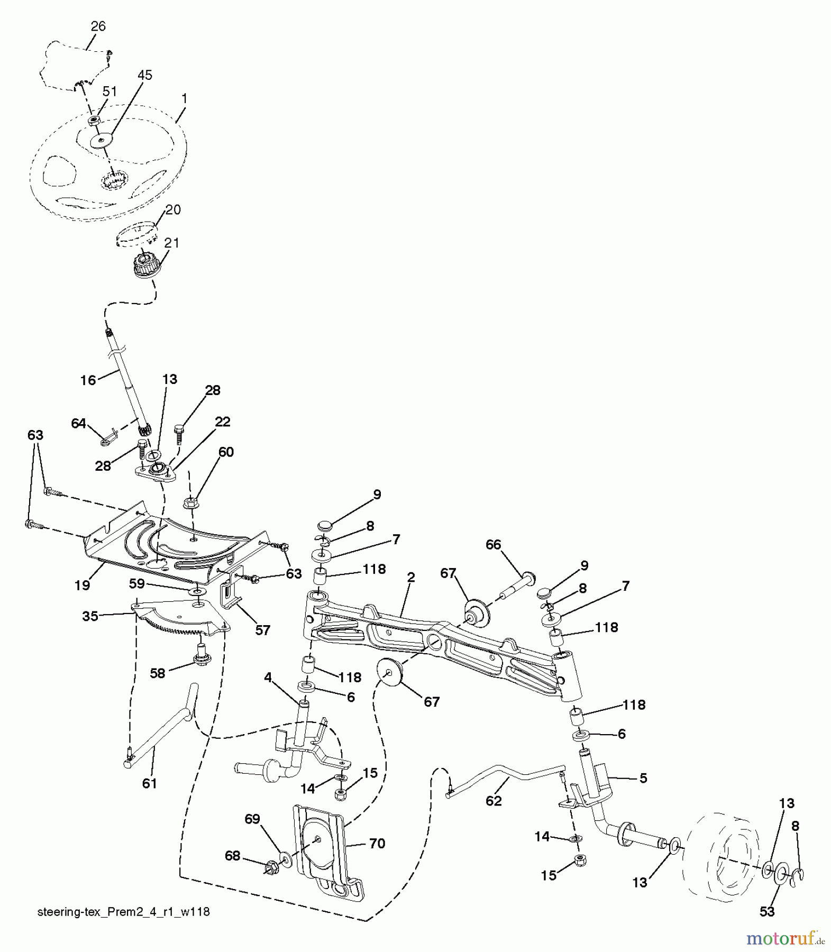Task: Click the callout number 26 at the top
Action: pyautogui.click(x=98, y=26)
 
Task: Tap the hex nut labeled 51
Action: pyautogui.click(x=93, y=121)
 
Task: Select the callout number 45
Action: pyautogui.click(x=144, y=75)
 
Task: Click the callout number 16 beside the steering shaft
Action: pyautogui.click(x=88, y=380)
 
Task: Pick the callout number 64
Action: pyautogui.click(x=79, y=423)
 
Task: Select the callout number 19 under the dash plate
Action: pyautogui.click(x=82, y=585)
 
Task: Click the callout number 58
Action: pyautogui.click(x=158, y=673)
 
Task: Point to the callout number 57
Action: pyautogui.click(x=262, y=630)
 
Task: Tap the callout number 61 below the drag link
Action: pyautogui.click(x=150, y=783)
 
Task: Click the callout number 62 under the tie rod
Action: pyautogui.click(x=493, y=801)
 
